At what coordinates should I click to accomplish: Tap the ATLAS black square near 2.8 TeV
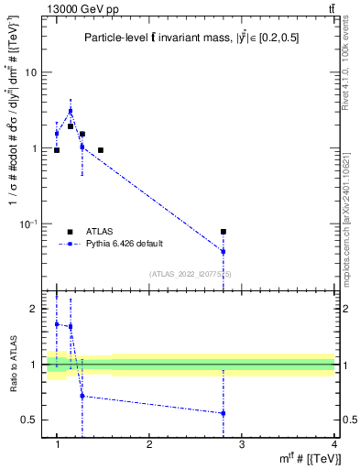[224, 232]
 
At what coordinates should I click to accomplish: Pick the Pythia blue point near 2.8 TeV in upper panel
[224, 251]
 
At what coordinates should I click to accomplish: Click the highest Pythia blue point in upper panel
[71, 111]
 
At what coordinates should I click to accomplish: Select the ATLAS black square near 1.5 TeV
[100, 150]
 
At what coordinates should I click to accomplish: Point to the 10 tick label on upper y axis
[31, 72]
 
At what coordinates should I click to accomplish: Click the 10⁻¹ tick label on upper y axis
[29, 224]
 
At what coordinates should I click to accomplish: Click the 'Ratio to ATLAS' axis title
[13, 365]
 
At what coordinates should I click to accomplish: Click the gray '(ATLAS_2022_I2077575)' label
[190, 274]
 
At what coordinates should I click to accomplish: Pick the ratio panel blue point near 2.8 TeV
[224, 413]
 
